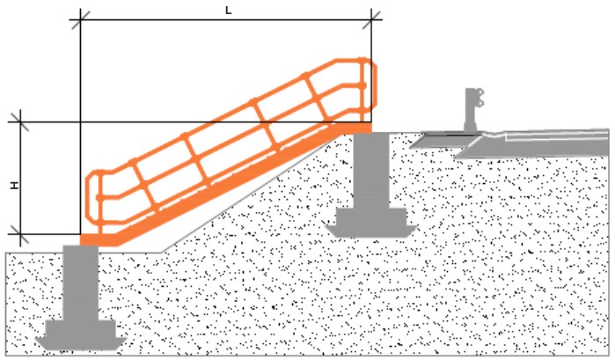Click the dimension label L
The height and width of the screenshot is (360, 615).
pos(228,11)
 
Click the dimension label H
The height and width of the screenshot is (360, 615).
pos(15,186)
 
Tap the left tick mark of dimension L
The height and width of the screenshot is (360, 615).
pos(80,19)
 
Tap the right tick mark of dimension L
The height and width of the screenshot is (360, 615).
pos(371,19)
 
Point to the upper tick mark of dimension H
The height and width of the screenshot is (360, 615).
pos(20,122)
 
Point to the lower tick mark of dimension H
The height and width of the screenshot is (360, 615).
pos(20,234)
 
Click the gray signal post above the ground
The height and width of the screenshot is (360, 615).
pos(473,110)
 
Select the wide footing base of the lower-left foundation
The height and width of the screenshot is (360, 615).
pos(81,334)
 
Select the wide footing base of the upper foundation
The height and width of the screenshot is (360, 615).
pos(371,223)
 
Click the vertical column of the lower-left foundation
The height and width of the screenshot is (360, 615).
pos(80,283)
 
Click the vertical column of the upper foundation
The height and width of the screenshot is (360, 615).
pos(371,171)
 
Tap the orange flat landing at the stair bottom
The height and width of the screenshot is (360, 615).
pos(99,240)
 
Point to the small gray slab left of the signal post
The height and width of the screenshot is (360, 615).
pos(445,141)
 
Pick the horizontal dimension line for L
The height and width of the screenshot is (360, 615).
pos(226,19)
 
